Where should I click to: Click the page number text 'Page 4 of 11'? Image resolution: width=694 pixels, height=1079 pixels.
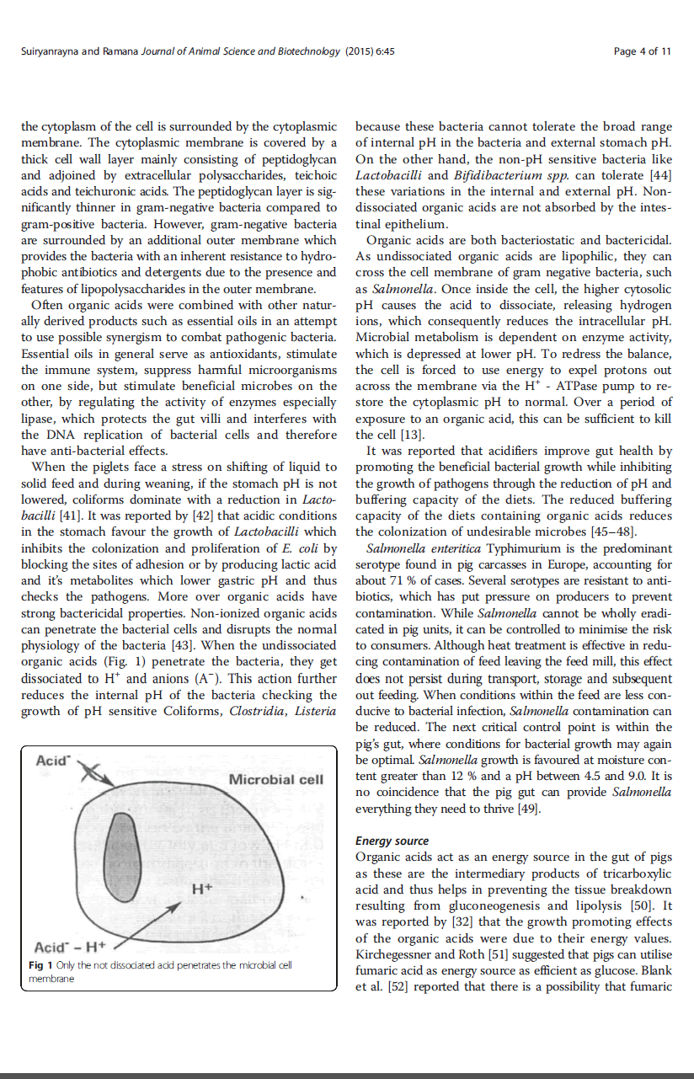[x=643, y=51]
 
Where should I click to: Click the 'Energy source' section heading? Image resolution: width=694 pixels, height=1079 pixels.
[x=392, y=841]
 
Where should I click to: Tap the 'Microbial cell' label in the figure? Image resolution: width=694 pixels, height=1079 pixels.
[x=275, y=779]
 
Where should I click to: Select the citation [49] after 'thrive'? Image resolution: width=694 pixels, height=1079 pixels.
[x=526, y=809]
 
